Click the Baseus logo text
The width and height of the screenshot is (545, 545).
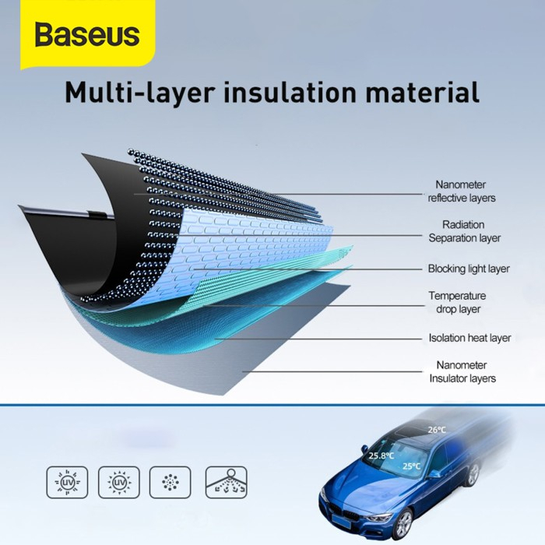pyautogui.click(x=86, y=35)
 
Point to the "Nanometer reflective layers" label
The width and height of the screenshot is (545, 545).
pyautogui.click(x=461, y=192)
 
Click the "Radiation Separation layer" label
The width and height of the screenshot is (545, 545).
pyautogui.click(x=464, y=231)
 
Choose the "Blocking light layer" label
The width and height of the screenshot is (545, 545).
pyautogui.click(x=468, y=269)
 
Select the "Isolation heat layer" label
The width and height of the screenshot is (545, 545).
pyautogui.click(x=469, y=338)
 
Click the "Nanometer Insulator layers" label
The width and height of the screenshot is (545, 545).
pyautogui.click(x=462, y=371)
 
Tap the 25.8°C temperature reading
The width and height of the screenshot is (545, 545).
pyautogui.click(x=381, y=456)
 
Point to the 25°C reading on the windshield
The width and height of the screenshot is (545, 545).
pyautogui.click(x=411, y=466)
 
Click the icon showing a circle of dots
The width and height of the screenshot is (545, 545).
pyautogui.click(x=169, y=483)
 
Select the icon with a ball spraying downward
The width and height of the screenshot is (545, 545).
pyautogui.click(x=226, y=483)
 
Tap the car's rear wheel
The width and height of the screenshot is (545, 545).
pyautogui.click(x=473, y=475)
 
